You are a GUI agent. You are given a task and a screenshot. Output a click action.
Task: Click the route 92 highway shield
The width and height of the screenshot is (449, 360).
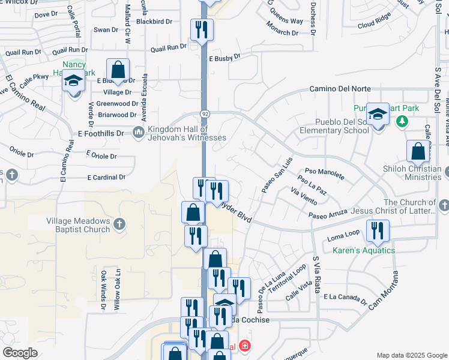[x=205, y=113]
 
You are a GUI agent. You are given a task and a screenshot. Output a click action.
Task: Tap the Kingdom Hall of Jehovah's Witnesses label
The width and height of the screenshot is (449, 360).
[x=187, y=133]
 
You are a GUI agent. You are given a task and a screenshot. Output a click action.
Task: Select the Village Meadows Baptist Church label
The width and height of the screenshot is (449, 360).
[x=79, y=225]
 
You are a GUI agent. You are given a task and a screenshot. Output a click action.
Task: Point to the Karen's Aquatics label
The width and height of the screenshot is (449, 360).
[x=364, y=250]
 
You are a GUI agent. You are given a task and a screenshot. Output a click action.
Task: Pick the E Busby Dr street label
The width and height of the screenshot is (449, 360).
[x=224, y=57]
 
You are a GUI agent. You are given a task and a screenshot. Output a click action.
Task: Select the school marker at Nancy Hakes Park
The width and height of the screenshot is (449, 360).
[x=74, y=82]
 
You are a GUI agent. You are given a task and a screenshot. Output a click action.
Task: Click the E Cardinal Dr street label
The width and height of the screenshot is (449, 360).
[x=106, y=178]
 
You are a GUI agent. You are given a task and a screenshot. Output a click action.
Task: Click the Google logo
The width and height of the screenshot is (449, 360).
[x=20, y=352]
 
